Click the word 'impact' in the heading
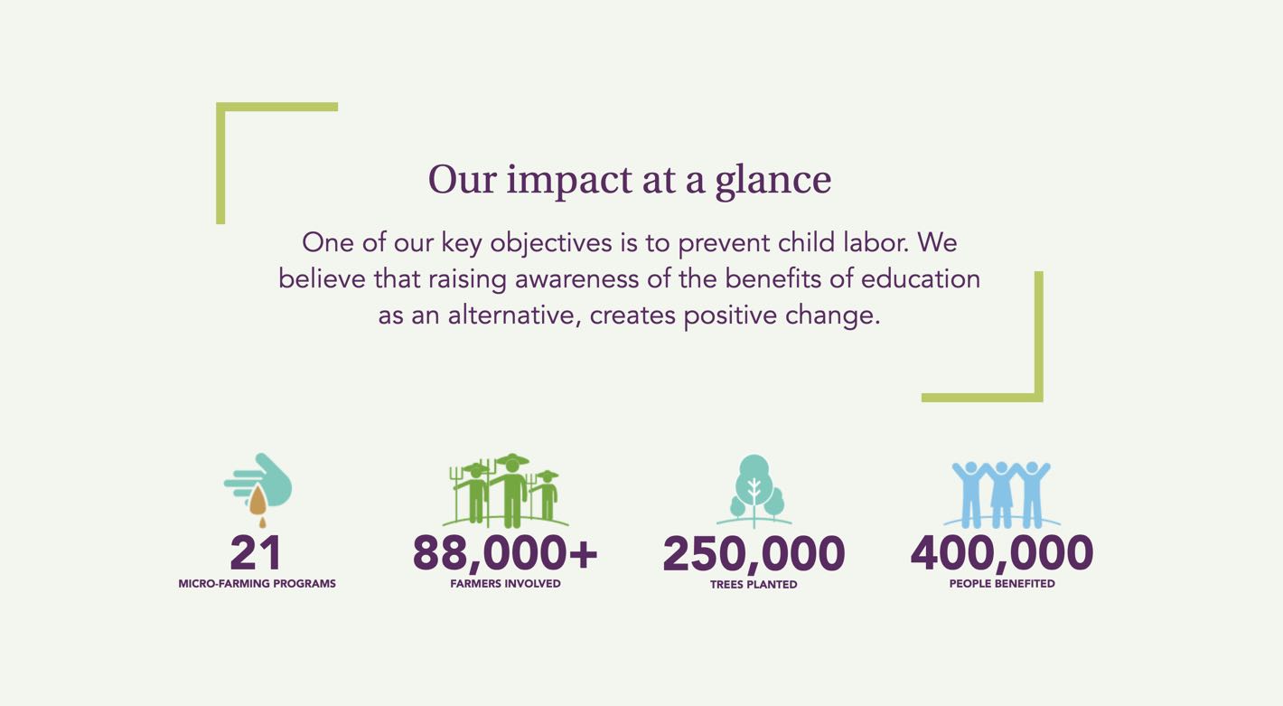(569, 181)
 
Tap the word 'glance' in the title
(773, 181)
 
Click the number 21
(256, 553)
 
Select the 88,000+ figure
(504, 554)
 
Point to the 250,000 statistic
(754, 554)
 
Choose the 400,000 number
(1002, 554)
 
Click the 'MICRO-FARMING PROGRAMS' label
(258, 584)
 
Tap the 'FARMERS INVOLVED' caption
(505, 584)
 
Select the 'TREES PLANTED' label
(754, 585)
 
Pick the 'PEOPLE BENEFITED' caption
(1002, 584)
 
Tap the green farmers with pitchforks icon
(506, 491)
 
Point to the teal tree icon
(754, 491)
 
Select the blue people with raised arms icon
(1002, 494)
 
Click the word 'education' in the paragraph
(921, 279)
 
